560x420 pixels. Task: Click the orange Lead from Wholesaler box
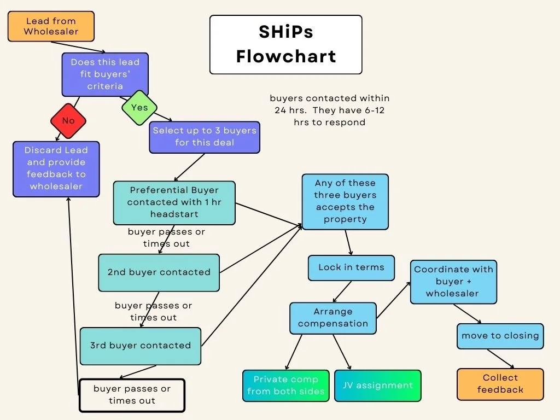point(51,26)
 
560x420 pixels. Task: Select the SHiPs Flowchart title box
point(285,44)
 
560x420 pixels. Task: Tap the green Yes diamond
point(139,108)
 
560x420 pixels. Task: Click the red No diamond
point(68,121)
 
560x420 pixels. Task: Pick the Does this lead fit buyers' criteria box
point(105,74)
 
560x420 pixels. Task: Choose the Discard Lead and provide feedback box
point(56,168)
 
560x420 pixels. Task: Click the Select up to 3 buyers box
point(205,137)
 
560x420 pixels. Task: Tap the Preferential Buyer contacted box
point(174,202)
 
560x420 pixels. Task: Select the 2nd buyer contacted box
point(159,272)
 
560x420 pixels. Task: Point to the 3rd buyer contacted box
point(141,346)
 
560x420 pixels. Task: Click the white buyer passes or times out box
point(132,395)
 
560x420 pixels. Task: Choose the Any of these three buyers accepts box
point(345,201)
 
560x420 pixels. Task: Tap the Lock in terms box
point(351,267)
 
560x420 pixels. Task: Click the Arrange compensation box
point(333,318)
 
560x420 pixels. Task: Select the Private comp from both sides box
point(285,386)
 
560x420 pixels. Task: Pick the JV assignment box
point(378,386)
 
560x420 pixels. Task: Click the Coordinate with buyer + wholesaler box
point(453,282)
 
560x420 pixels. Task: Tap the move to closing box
point(500,336)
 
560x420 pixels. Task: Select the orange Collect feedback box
point(500,384)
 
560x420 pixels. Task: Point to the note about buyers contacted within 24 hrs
point(329,110)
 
